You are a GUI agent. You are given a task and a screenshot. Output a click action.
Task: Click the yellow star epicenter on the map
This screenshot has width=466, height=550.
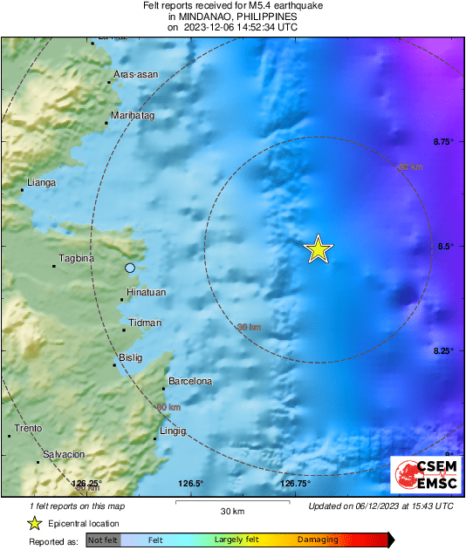point(319,249)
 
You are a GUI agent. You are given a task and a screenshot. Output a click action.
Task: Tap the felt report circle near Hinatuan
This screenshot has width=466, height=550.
point(130,268)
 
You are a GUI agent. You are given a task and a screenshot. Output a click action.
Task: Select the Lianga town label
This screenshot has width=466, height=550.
point(41,182)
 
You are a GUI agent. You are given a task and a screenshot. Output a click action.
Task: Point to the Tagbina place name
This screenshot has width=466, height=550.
point(75,258)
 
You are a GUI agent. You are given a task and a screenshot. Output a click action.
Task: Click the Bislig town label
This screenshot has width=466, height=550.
point(130,357)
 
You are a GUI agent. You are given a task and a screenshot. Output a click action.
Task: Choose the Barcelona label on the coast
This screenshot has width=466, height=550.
point(190,381)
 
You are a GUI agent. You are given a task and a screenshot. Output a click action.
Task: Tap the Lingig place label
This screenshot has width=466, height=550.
point(174,431)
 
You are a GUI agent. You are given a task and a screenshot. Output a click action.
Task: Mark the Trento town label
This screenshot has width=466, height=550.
point(29,428)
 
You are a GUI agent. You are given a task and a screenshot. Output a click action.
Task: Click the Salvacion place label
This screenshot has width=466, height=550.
point(64,454)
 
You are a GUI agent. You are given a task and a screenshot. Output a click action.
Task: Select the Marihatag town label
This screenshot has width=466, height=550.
point(133,115)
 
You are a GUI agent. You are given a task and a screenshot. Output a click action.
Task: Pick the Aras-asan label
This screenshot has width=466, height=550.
point(135,75)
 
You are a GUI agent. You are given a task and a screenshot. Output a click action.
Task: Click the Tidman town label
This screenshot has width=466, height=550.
point(145,323)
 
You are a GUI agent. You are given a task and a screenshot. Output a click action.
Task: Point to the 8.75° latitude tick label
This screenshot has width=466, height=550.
point(444,141)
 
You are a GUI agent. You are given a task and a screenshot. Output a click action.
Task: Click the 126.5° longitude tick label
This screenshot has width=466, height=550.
point(191,483)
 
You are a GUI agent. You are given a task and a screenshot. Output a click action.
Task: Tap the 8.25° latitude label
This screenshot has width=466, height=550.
point(444,350)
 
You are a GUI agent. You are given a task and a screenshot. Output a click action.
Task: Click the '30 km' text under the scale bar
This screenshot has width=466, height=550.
point(231,511)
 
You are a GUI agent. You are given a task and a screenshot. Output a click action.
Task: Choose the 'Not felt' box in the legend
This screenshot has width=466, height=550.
point(103,540)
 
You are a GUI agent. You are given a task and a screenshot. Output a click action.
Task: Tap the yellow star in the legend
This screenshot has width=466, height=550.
point(34,523)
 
